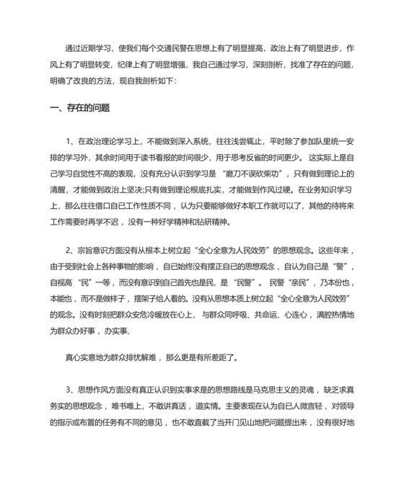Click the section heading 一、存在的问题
[79, 108]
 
